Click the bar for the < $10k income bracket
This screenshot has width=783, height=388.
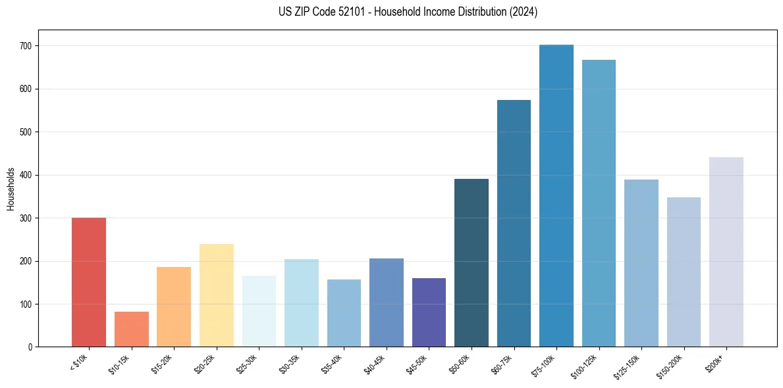click(89, 282)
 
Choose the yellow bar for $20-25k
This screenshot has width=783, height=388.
click(216, 295)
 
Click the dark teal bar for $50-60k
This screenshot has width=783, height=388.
click(472, 262)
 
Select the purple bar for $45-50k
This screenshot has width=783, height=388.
click(429, 312)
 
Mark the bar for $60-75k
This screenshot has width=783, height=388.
click(514, 224)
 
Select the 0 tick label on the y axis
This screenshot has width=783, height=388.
click(31, 347)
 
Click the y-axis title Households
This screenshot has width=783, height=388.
click(11, 189)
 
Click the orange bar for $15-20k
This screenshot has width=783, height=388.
click(174, 306)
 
